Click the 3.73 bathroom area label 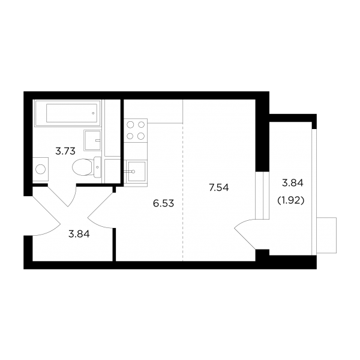(65, 151)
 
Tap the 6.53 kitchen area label (163, 203)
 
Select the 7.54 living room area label (219, 188)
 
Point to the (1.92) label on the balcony (291, 201)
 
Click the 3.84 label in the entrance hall (79, 234)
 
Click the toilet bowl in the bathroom (82, 167)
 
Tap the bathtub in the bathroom (68, 113)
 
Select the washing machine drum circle (40, 169)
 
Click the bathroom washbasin (92, 140)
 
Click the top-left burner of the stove (130, 125)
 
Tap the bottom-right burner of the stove (141, 136)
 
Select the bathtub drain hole (93, 113)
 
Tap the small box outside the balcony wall (326, 235)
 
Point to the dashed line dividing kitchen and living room (183, 192)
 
